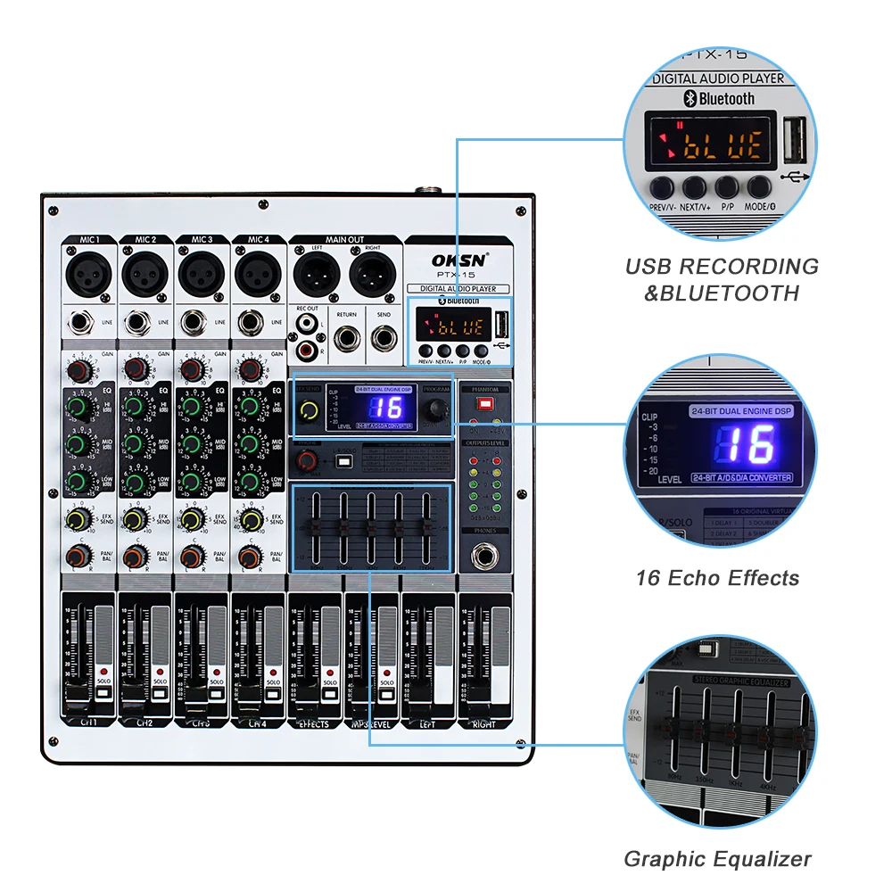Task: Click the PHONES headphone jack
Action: (x=485, y=557)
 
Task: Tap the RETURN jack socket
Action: (x=346, y=337)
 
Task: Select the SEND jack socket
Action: (x=384, y=337)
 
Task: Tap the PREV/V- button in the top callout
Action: (x=662, y=187)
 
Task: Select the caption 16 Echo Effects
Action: (x=718, y=578)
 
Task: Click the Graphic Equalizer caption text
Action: (x=718, y=859)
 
